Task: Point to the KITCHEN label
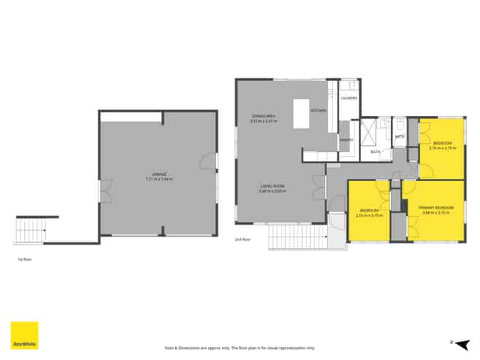tap(318, 110)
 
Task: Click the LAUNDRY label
tap(349, 98)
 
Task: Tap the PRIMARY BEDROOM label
tap(436, 208)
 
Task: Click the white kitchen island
tap(301, 113)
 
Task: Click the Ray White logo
tap(24, 335)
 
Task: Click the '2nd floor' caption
tap(241, 240)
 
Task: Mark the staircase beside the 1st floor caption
tap(30, 231)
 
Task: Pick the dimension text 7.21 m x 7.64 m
tap(159, 179)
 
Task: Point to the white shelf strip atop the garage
tap(131, 117)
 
